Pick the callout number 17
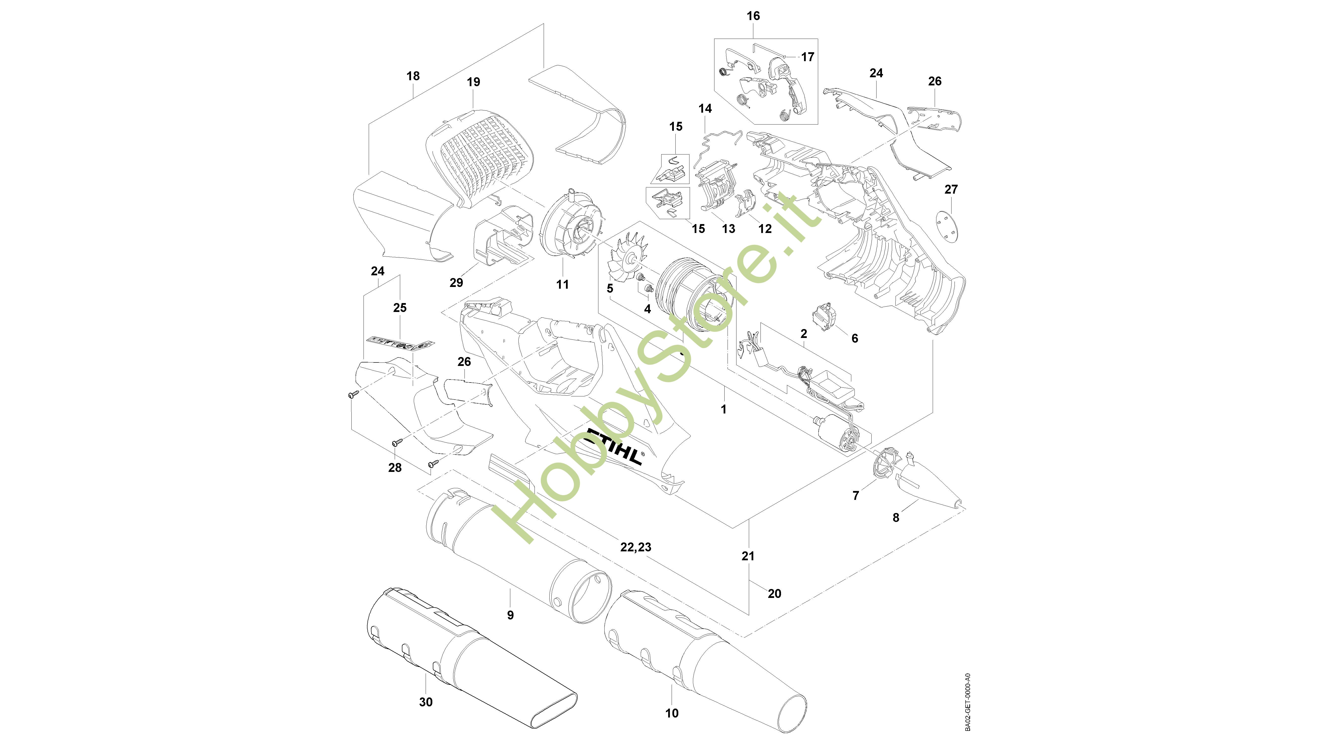pyautogui.click(x=807, y=57)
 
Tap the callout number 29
pyautogui.click(x=456, y=282)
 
